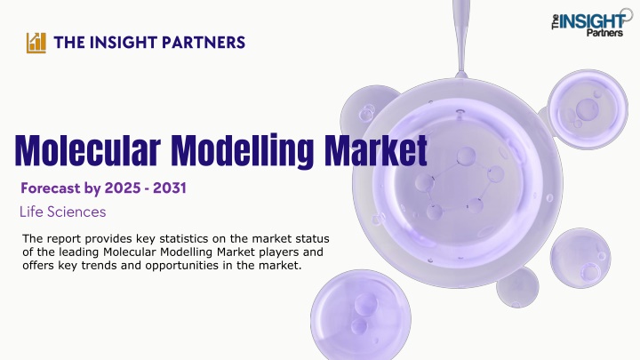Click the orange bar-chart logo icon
36,43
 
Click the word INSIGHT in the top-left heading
123,43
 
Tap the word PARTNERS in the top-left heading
204,43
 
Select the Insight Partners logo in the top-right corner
592,22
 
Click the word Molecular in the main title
88,150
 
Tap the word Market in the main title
375,150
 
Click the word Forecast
51,188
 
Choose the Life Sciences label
63,212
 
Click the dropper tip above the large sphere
461,74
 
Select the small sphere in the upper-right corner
588,108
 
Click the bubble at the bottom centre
361,315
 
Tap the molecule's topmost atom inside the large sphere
466,156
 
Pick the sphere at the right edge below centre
580,258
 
